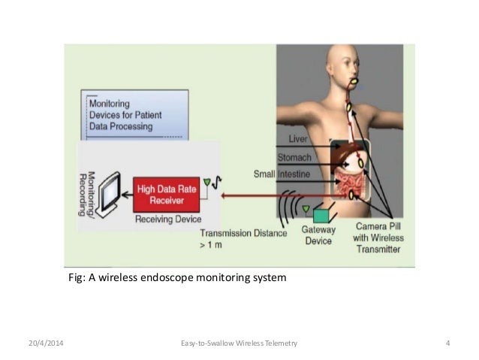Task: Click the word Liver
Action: pos(297,140)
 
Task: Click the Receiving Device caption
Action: pos(169,219)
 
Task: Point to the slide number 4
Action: pos(447,343)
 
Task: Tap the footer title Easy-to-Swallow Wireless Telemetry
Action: pos(239,343)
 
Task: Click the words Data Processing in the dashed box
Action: pos(122,127)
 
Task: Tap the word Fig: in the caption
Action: pos(77,279)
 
